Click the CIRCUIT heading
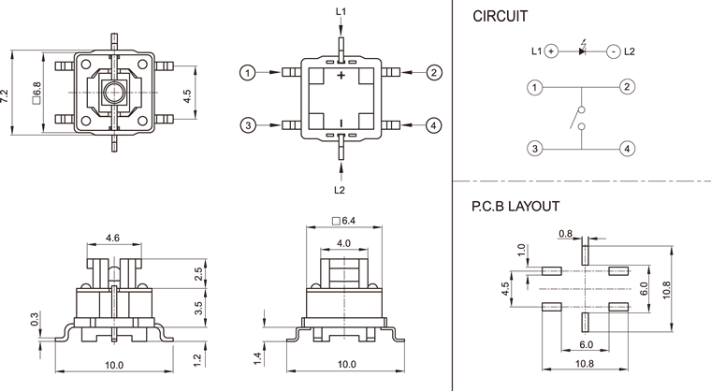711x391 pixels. click(x=500, y=16)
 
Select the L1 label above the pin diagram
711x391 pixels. click(x=341, y=11)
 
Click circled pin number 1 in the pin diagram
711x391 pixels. click(x=248, y=73)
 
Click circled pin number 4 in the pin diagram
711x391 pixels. click(x=434, y=125)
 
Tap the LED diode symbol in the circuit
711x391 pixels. click(x=582, y=51)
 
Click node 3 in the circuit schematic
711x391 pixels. click(x=534, y=149)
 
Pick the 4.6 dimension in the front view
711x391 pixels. click(x=113, y=239)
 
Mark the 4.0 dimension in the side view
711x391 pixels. click(x=343, y=242)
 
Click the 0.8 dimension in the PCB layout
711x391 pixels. click(x=565, y=233)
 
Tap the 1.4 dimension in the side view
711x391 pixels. click(x=257, y=358)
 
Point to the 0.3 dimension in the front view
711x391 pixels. click(x=35, y=320)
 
